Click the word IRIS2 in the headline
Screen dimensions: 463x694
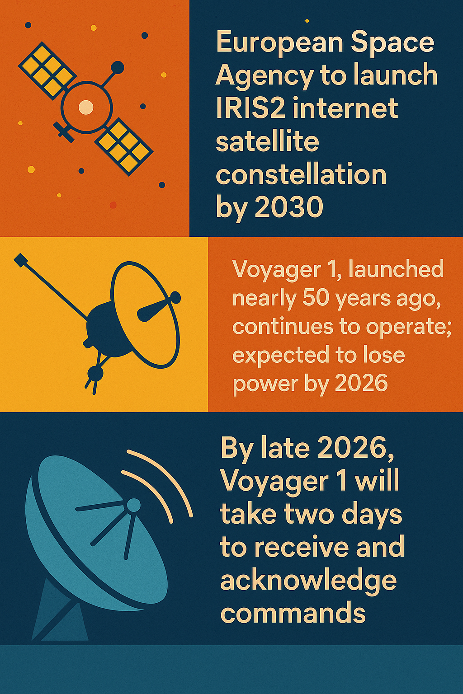(250, 108)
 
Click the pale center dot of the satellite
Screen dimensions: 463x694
(86, 107)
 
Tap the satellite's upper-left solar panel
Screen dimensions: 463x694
(47, 70)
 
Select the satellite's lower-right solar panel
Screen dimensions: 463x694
(124, 147)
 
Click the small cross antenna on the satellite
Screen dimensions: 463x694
(64, 131)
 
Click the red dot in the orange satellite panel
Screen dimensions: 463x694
(113, 205)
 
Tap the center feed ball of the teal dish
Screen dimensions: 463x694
(134, 506)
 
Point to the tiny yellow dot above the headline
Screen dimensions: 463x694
(307, 21)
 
